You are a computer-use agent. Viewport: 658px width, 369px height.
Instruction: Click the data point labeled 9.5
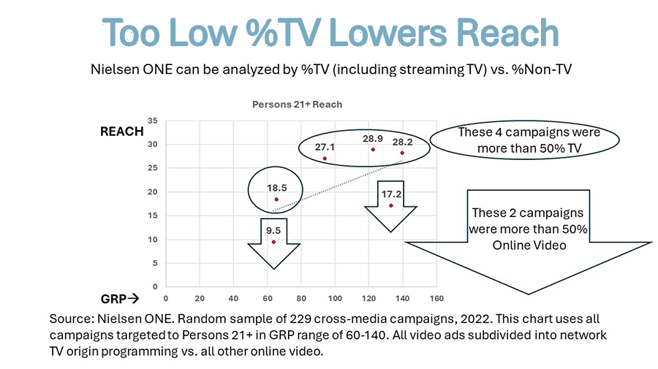pos(273,242)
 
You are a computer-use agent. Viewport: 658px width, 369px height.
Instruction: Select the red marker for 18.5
pos(276,199)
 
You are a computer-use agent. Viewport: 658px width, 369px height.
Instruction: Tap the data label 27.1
pos(325,148)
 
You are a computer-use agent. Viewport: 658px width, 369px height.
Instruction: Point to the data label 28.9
pos(373,138)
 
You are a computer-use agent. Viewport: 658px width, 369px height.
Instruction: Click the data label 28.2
pos(402,142)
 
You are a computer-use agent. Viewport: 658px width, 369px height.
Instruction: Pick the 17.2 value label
pos(391,194)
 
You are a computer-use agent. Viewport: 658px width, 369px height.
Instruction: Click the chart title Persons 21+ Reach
pos(297,104)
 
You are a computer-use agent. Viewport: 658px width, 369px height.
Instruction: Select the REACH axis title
pos(121,132)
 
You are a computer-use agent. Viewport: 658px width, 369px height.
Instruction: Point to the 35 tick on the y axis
pos(153,121)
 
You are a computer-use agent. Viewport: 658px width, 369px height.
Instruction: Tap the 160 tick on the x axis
pos(436,298)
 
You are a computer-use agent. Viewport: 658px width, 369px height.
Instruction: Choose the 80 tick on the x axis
pos(301,298)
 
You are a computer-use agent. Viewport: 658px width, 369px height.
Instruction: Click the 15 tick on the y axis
pos(153,216)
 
